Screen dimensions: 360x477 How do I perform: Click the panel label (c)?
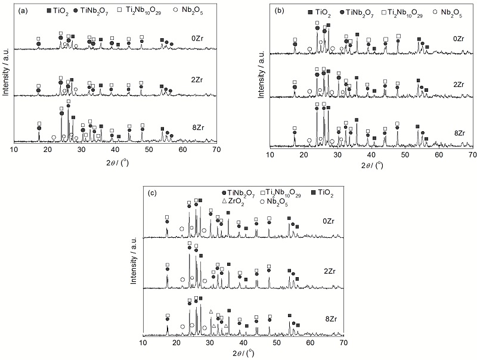click(152, 192)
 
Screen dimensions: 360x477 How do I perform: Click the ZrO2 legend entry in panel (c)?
click(236, 201)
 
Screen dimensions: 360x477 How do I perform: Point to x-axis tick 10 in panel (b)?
click(270, 154)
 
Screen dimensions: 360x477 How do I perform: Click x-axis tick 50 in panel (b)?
click(405, 154)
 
